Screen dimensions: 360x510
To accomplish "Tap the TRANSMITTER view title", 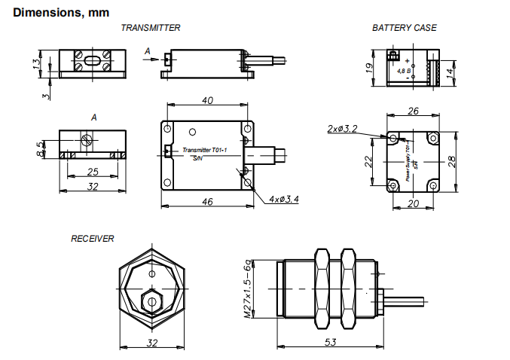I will [151, 28].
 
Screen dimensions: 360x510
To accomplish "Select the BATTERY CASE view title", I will [404, 28].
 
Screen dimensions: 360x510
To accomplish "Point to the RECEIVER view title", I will [93, 239].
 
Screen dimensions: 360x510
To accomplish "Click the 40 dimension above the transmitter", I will [208, 101].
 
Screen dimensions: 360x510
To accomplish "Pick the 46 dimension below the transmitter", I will [209, 202].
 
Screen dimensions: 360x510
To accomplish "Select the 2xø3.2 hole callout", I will [342, 129].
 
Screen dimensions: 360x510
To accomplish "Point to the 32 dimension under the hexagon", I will [152, 343].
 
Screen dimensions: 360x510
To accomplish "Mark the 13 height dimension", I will [36, 63].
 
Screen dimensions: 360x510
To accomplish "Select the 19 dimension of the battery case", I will [369, 66].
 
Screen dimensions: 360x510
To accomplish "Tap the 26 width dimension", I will [413, 111].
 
